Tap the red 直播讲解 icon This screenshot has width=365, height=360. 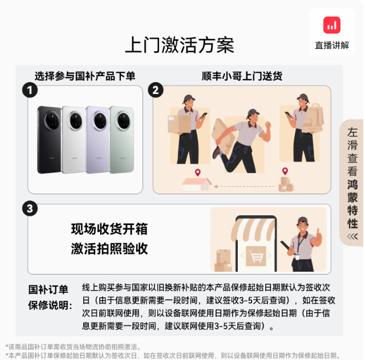coord(332,25)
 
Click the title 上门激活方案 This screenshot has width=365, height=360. coord(180,45)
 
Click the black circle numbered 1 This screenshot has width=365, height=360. coord(30,90)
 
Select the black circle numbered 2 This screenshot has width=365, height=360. coord(156,90)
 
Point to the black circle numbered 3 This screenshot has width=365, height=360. coord(30,208)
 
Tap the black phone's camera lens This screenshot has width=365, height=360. coord(52,120)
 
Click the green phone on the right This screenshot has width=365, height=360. coord(122,140)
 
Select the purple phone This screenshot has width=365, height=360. coord(98,140)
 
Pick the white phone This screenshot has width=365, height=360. coord(74,140)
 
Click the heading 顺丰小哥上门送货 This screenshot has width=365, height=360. coord(242,76)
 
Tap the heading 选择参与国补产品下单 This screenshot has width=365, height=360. coord(85,76)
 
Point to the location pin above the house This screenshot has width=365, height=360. coord(198,173)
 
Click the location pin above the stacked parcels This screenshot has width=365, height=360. coord(285,171)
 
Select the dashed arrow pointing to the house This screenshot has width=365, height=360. coord(244,186)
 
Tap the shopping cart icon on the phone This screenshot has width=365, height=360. coord(256,256)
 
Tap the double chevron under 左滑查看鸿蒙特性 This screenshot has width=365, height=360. coord(352,236)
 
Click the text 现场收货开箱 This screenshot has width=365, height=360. coord(109,229)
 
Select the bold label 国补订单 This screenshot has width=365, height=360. coord(48,290)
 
